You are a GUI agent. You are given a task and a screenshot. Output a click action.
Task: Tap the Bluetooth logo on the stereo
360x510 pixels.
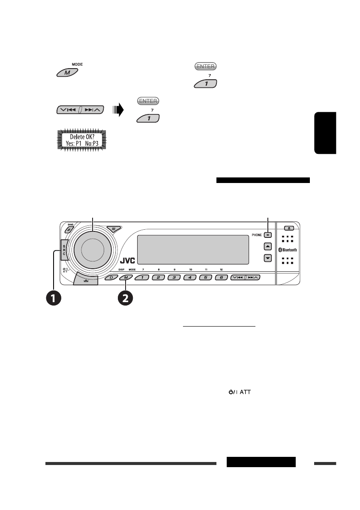288,250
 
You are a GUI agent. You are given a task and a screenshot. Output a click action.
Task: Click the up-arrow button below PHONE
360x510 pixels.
268,246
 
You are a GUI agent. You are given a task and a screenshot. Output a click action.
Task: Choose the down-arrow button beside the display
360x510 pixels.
268,258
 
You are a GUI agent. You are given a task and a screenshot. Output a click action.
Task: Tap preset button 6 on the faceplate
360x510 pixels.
221,278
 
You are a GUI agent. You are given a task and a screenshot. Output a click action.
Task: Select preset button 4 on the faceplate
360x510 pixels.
189,278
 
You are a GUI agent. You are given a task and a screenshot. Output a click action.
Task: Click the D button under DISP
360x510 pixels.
111,278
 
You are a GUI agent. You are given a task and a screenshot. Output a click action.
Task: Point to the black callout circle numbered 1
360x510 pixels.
54,298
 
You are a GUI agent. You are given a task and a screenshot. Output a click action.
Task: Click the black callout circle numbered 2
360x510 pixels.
125,298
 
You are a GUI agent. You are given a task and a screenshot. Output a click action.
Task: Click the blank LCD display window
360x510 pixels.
193,250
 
